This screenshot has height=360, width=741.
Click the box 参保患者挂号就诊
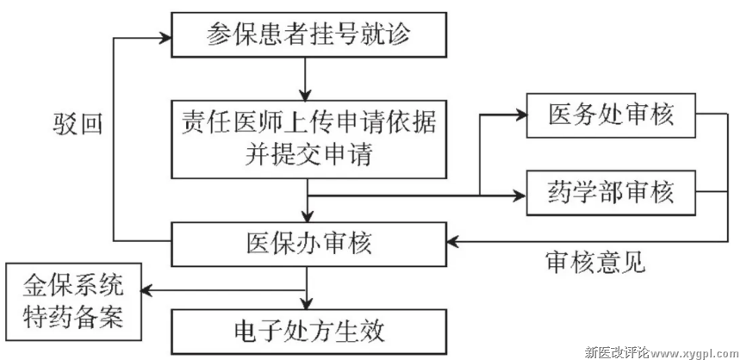(x=308, y=36)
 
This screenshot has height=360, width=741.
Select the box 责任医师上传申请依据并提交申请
(x=308, y=138)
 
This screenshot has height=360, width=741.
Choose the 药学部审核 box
(x=611, y=191)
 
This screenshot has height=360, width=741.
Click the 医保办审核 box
(x=308, y=244)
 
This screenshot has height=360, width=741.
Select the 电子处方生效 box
(x=308, y=330)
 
